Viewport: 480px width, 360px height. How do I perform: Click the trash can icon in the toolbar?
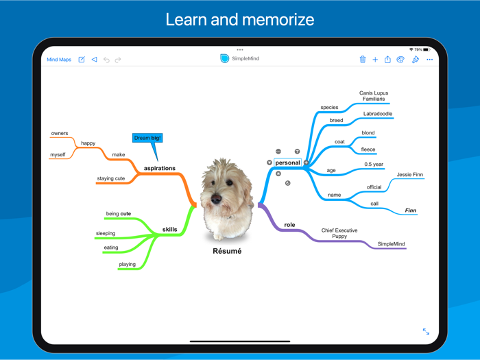point(363,60)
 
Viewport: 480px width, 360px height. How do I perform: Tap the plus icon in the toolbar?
point(375,60)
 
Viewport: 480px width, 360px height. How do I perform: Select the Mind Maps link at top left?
point(59,60)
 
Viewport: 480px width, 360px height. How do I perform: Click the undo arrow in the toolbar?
point(106,60)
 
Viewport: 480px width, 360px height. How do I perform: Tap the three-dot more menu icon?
point(430,60)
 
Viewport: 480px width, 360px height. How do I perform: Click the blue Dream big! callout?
point(147,138)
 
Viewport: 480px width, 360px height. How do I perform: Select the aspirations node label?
point(160,168)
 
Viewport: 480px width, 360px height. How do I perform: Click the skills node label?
point(169,230)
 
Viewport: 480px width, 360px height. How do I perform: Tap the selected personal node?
point(287,163)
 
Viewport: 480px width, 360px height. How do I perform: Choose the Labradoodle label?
point(379,114)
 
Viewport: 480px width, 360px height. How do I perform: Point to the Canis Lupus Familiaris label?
point(374,96)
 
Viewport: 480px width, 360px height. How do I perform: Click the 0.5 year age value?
point(374,165)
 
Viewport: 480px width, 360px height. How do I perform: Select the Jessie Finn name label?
point(410,175)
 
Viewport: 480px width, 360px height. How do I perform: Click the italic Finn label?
point(410,211)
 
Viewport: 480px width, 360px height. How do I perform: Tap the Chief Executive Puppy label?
point(339,234)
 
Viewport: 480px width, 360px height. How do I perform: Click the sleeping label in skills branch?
point(106,233)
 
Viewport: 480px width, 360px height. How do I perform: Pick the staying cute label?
point(111,178)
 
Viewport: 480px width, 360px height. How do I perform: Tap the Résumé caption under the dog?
point(227,251)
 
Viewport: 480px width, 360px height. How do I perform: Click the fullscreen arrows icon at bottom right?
point(426,331)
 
